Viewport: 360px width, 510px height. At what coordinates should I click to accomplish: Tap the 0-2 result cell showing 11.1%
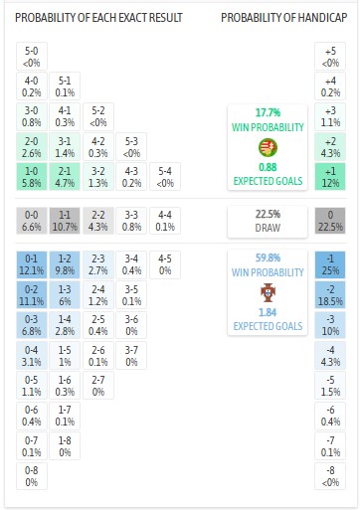click(33, 294)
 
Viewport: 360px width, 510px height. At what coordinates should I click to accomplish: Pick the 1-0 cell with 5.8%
click(33, 177)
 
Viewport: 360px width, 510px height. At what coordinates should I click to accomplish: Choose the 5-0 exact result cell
click(33, 57)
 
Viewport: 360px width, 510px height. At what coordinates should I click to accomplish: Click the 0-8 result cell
click(33, 475)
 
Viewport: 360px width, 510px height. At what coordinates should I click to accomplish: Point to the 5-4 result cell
click(165, 177)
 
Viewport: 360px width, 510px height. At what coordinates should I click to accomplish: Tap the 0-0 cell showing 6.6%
click(33, 220)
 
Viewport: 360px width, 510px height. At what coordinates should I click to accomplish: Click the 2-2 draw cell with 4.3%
click(98, 220)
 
